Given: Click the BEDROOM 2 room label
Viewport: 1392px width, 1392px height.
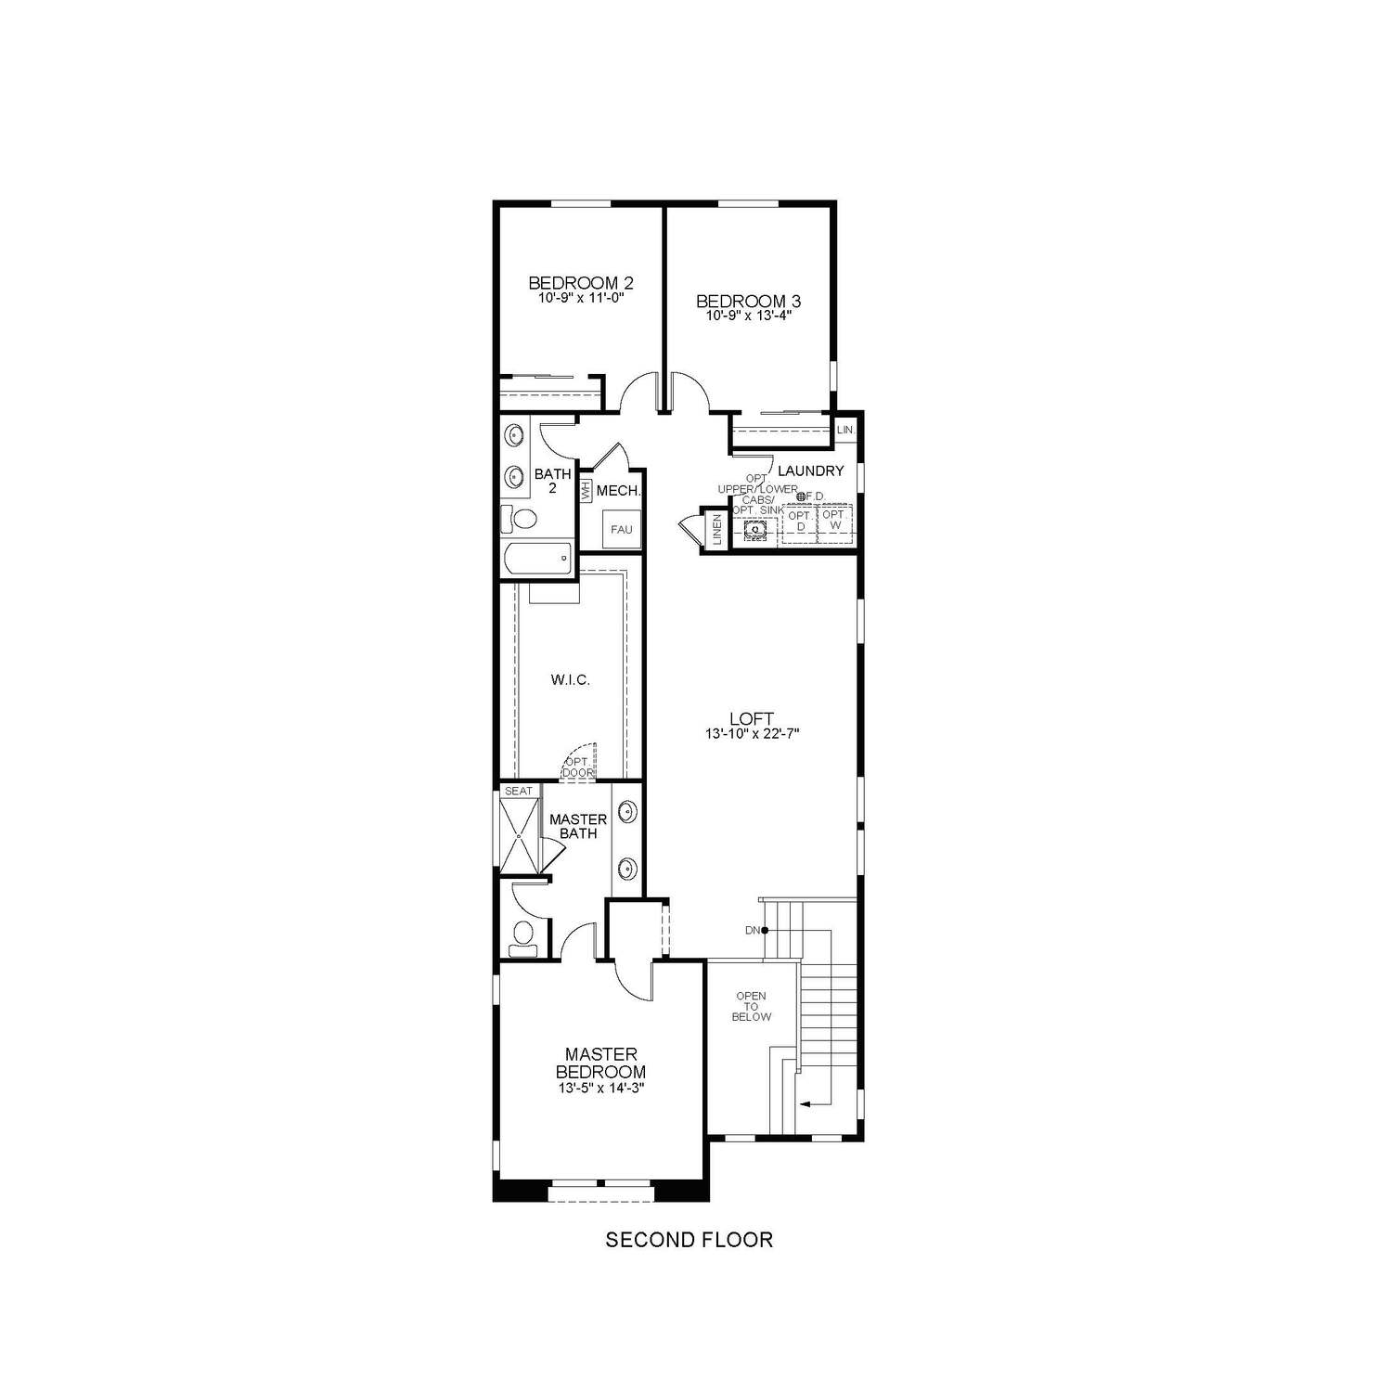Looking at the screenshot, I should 580,282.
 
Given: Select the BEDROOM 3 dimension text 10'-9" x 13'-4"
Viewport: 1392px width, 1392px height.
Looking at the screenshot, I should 748,316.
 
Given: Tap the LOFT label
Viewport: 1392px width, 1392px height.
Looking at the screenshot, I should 751,718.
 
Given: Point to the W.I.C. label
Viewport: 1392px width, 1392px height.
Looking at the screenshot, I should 570,680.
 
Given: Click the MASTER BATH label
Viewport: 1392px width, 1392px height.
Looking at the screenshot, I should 578,826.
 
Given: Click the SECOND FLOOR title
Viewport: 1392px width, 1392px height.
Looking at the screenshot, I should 689,1240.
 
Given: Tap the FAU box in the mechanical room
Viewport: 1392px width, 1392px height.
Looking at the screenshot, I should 621,530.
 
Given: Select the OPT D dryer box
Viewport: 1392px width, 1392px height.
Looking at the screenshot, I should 799,521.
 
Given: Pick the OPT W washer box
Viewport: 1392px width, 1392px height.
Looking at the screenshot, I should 833,521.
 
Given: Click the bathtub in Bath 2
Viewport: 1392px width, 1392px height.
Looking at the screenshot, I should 536,560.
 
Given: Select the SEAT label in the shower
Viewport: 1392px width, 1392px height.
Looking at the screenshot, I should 519,791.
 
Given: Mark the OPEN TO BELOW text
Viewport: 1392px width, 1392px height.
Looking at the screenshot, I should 751,1006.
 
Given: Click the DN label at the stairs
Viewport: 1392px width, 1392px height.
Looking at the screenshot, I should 752,930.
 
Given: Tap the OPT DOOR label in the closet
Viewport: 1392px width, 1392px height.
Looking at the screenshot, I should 577,767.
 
